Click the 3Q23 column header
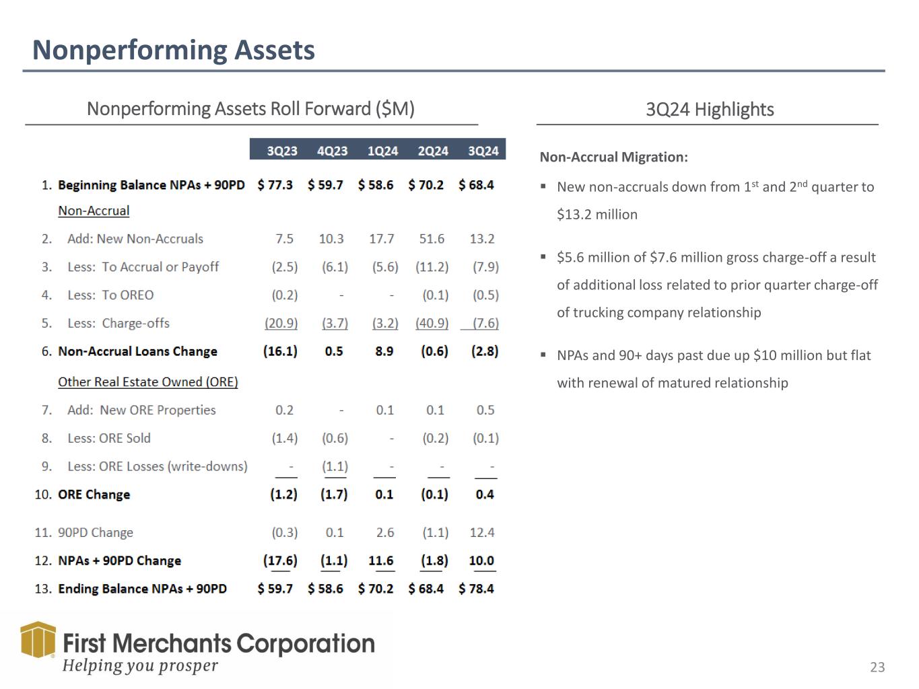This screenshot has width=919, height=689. tap(281, 151)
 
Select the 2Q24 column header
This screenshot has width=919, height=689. tap(433, 151)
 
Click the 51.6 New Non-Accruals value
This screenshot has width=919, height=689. tap(432, 239)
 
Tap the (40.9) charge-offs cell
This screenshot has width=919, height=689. tap(432, 323)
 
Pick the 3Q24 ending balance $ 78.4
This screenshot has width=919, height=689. tap(476, 589)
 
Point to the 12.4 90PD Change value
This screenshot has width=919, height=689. tap(482, 532)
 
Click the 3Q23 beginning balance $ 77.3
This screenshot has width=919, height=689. tap(275, 185)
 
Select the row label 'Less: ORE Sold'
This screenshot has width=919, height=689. tap(108, 438)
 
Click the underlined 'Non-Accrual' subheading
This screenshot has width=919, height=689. tap(94, 211)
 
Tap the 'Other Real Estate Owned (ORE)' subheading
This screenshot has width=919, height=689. tap(148, 382)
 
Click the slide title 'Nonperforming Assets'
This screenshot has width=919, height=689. tap(174, 50)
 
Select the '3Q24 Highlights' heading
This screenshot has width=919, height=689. tap(710, 110)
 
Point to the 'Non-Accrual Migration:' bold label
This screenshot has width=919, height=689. tap(613, 157)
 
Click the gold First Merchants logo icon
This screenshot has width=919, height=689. tap(38, 639)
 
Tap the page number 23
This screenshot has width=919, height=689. tap(877, 667)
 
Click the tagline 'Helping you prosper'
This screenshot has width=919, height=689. tap(140, 666)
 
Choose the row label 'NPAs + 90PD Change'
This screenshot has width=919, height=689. tap(119, 560)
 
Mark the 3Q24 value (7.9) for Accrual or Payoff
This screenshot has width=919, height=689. tap(485, 267)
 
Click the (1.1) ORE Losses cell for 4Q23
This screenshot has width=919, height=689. tap(335, 466)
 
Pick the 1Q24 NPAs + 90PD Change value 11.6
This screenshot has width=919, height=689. tap(381, 560)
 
